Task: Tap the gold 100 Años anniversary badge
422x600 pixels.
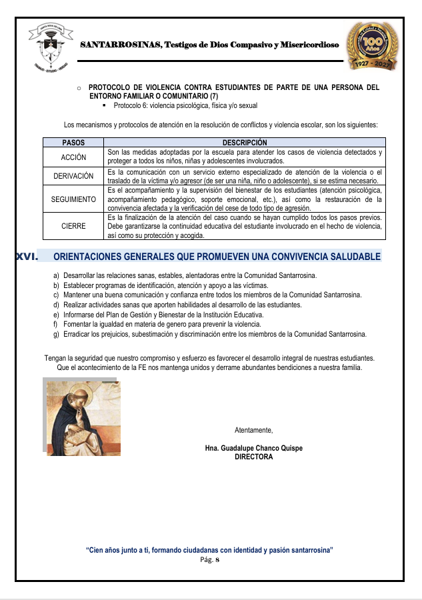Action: tap(373, 45)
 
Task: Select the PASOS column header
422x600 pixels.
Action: tap(73, 143)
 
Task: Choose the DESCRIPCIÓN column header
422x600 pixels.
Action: tap(245, 143)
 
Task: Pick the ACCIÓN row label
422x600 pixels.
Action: tap(73, 157)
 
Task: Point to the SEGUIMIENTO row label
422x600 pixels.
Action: tap(73, 199)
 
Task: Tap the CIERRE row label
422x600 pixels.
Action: tap(73, 226)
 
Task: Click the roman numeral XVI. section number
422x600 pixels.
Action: tap(26, 256)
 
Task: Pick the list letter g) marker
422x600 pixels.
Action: tap(57, 334)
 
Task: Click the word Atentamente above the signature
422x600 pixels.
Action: tap(253, 430)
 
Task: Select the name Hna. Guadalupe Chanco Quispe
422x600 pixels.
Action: tap(253, 448)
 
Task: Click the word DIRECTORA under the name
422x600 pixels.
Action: tap(253, 457)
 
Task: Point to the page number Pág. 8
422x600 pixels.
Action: tap(210, 560)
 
